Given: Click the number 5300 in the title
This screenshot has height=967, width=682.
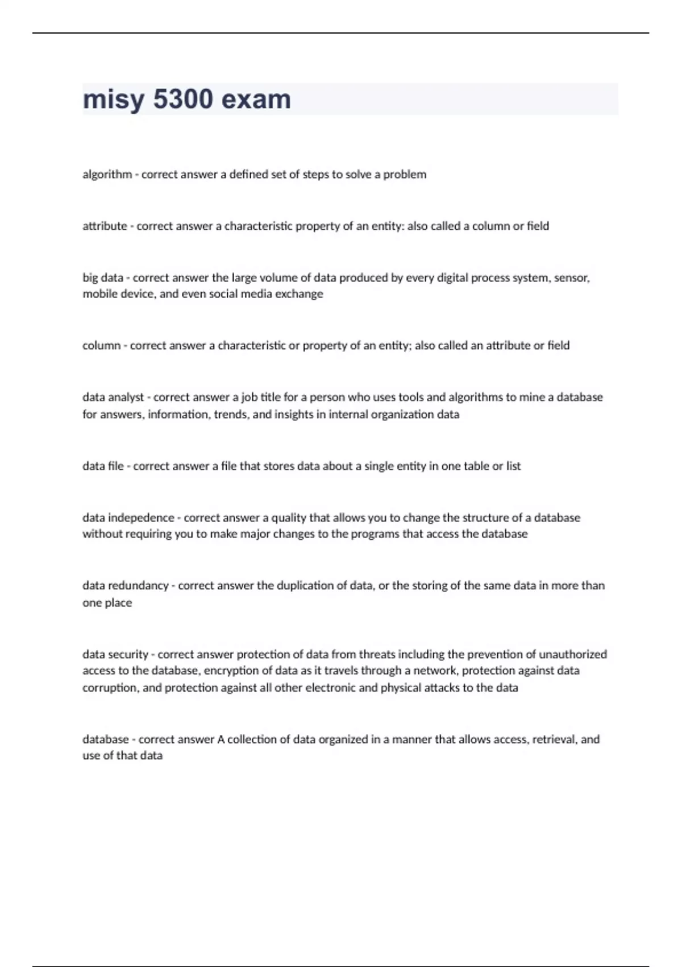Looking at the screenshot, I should coord(183,100).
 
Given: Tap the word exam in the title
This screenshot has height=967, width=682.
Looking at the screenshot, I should coord(256,100).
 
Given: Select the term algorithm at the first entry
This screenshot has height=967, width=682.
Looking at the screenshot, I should coord(107,174).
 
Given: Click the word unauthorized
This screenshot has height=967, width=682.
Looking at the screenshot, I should coord(572,654).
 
